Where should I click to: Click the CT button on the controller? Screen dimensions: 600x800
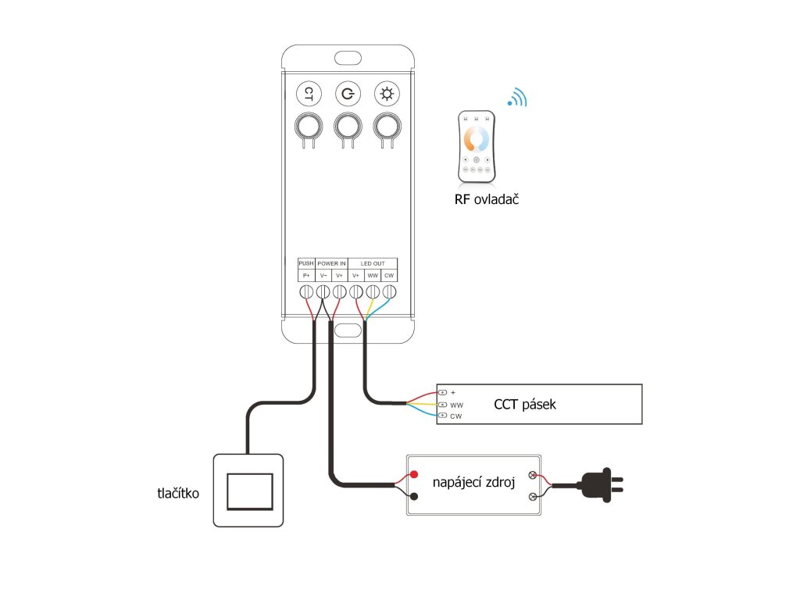pos(309,95)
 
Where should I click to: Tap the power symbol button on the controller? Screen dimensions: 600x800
pos(348,95)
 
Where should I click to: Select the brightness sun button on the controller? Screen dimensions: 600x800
pos(386,95)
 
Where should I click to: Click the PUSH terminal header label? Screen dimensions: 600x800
pos(306,263)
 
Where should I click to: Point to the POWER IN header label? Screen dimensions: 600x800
pos(331,263)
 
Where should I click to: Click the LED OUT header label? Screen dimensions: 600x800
pos(373,263)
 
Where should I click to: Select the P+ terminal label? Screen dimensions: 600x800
pos(306,276)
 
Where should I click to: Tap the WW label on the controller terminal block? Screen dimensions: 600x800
pos(373,276)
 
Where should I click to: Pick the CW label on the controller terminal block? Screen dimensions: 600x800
pos(389,276)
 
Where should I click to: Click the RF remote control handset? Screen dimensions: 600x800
pos(476,145)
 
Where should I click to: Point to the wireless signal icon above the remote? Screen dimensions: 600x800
pos(517,97)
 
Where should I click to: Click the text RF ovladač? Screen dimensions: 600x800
pos(487,199)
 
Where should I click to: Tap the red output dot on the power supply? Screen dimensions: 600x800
pos(414,474)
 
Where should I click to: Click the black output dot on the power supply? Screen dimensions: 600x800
pos(414,496)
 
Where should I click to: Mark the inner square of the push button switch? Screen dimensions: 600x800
pos(249,491)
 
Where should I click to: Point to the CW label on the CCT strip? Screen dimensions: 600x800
pos(456,416)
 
